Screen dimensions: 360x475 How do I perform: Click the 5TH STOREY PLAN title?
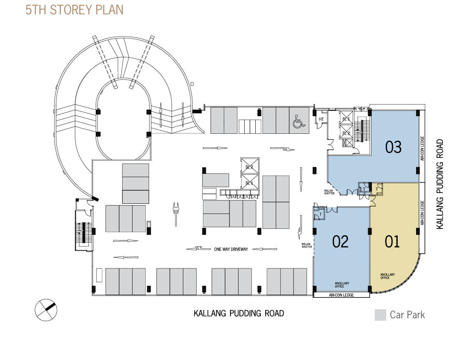74,10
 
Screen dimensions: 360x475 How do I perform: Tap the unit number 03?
394,147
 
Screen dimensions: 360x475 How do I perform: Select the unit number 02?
340,242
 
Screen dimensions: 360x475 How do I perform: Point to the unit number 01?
392,242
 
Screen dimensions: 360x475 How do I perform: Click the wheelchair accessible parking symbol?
298,121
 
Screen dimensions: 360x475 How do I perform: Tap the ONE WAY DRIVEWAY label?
231,249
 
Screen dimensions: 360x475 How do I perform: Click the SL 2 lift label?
249,167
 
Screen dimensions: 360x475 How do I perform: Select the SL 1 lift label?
249,182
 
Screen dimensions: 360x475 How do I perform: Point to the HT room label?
321,119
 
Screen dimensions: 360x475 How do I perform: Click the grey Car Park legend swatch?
380,315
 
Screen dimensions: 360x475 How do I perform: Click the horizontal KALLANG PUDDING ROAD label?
239,314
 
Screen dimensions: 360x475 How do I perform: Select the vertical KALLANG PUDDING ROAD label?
440,184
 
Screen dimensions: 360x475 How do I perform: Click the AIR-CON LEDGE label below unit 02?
341,295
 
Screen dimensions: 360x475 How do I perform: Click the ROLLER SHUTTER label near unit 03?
329,192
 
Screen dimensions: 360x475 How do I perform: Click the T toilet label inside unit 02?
320,214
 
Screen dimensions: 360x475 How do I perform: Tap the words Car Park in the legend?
407,315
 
